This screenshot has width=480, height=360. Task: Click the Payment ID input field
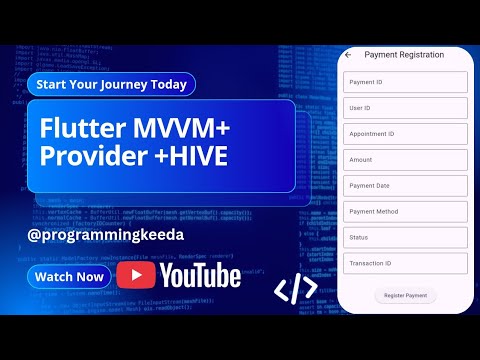tap(405, 82)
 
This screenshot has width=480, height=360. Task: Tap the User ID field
tap(405, 108)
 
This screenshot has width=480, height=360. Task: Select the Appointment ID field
tap(405, 134)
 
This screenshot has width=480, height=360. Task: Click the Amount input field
tap(405, 160)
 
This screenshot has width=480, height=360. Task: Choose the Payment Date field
tap(405, 186)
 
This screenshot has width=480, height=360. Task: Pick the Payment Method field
tap(405, 212)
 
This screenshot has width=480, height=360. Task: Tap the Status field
tap(405, 238)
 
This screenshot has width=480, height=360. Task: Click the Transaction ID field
tap(405, 264)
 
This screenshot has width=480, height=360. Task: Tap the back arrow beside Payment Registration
tap(348, 55)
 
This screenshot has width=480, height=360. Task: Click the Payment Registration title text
tap(404, 55)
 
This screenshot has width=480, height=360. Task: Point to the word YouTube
tap(200, 275)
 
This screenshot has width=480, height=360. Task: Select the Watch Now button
tap(69, 276)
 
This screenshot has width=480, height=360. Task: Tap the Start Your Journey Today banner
tap(111, 84)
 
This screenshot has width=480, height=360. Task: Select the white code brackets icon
tap(296, 290)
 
